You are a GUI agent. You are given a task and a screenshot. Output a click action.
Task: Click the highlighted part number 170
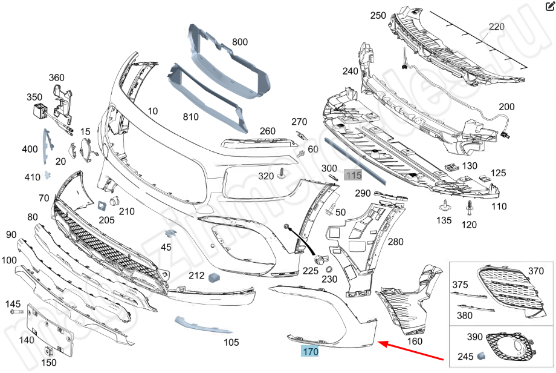click(310, 351)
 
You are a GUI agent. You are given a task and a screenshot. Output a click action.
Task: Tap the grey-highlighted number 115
click(353, 175)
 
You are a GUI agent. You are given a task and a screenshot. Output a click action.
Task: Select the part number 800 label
click(240, 42)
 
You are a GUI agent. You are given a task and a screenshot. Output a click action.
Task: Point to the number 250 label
click(378, 15)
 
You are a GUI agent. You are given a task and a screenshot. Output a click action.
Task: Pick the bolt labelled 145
click(15, 313)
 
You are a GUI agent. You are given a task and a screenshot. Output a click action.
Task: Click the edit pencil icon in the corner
click(549, 7)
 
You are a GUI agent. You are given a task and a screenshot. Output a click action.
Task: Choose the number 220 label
click(496, 27)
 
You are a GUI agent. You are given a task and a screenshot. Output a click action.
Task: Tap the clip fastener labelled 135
click(445, 204)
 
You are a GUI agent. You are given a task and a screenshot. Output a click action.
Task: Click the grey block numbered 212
click(214, 277)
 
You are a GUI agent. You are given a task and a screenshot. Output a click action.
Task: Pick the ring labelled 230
click(329, 269)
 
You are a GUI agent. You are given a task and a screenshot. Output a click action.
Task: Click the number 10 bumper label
click(152, 111)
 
